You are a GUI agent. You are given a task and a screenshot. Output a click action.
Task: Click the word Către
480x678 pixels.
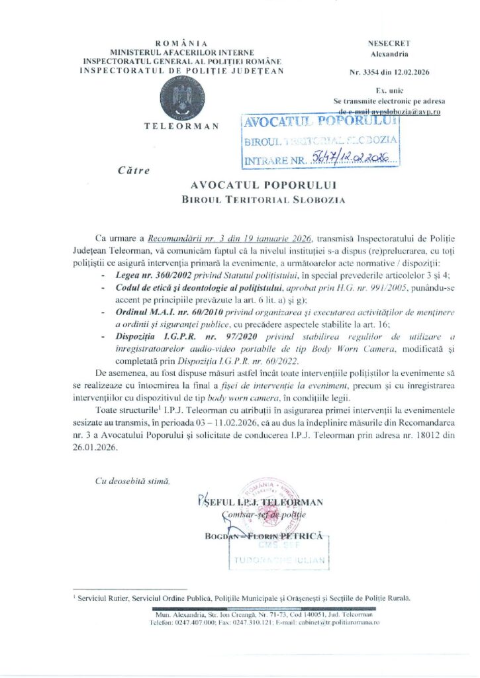tap(133, 171)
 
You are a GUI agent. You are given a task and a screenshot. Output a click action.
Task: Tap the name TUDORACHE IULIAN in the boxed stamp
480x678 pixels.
tap(279, 561)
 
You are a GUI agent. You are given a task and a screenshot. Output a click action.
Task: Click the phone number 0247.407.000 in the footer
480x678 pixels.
tap(197, 623)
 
